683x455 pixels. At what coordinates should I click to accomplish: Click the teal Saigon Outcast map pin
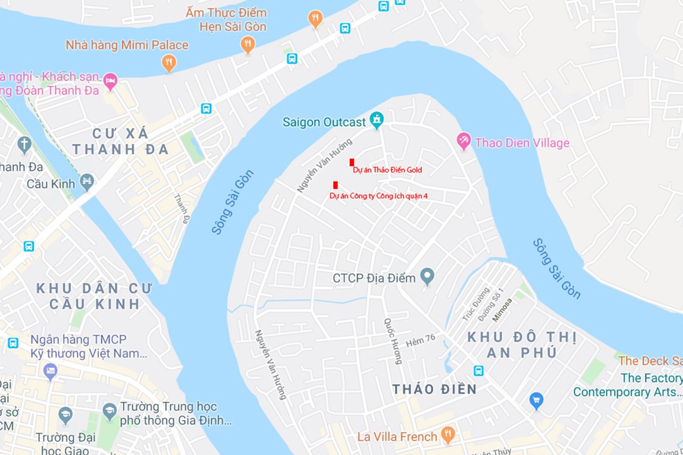(377, 120)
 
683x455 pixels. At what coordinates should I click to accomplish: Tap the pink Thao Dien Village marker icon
(463, 140)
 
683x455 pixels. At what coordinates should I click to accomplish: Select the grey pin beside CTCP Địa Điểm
(427, 275)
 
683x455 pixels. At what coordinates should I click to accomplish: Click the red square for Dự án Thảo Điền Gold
(352, 162)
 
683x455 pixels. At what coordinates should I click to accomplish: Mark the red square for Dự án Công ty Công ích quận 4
(336, 185)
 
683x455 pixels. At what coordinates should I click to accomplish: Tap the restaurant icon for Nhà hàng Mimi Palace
(169, 62)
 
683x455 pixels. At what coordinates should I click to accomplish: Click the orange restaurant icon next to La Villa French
(447, 434)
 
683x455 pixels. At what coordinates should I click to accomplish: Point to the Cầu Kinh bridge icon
(87, 181)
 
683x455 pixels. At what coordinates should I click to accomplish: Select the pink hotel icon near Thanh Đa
(110, 82)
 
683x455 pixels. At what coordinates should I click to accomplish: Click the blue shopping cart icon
(536, 400)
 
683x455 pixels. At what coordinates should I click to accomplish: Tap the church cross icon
(24, 144)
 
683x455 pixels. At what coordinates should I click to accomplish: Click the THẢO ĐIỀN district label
(434, 389)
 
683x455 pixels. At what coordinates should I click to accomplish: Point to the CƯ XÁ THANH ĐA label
(121, 142)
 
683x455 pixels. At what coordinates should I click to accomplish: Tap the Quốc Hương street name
(393, 341)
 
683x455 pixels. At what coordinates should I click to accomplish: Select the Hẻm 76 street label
(420, 341)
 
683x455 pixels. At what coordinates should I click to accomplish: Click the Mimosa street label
(502, 310)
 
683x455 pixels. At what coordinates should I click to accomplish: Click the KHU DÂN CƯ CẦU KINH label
(94, 296)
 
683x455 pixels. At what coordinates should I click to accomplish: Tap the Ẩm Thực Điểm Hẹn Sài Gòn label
(226, 19)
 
